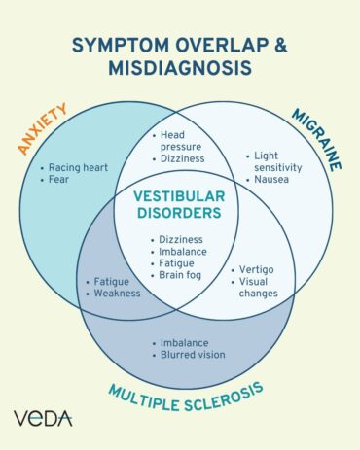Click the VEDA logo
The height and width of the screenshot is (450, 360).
43,418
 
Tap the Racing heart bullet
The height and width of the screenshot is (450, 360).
79,167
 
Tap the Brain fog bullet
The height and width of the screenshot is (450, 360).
183,275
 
